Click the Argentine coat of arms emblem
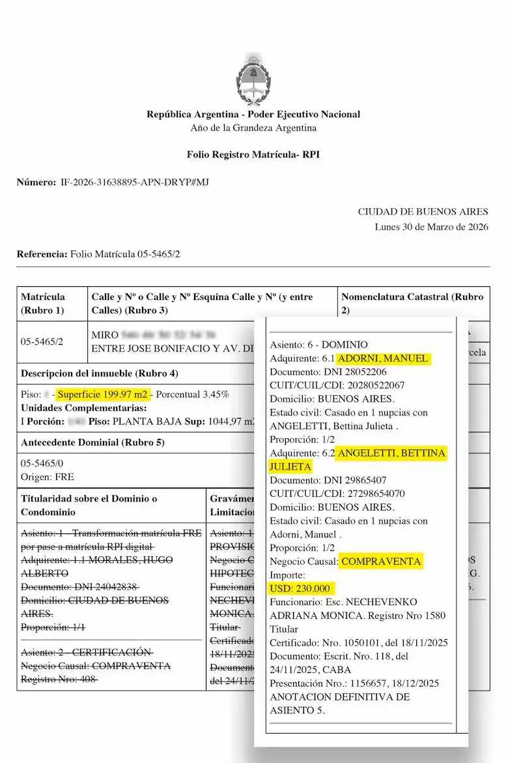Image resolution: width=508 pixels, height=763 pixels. (253, 80)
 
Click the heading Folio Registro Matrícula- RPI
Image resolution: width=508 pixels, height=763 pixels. (253, 155)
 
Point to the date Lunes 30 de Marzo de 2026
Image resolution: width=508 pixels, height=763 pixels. (431, 227)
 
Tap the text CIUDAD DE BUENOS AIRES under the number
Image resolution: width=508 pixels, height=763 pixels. (423, 212)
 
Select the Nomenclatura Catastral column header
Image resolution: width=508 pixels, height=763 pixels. (412, 303)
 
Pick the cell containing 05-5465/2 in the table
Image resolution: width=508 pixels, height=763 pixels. (42, 341)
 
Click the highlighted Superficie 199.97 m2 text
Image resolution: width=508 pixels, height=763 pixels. (102, 395)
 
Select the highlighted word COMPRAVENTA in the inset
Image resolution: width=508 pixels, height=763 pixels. (382, 561)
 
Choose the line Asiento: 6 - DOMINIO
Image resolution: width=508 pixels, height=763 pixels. (318, 344)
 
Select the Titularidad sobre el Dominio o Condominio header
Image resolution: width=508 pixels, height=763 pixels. (89, 505)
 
